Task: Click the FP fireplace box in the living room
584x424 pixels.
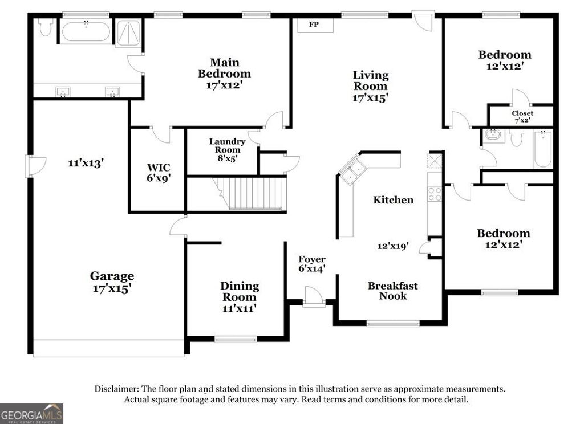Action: (x=313, y=25)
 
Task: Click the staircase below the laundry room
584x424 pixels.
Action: (x=251, y=194)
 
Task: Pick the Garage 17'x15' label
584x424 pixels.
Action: (x=112, y=282)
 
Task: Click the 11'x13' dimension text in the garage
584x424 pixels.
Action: (x=86, y=162)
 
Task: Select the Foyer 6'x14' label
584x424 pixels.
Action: (x=312, y=264)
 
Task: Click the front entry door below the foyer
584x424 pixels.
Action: (x=314, y=297)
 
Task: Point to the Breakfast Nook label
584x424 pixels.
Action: (x=392, y=291)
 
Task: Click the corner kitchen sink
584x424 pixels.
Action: (x=352, y=170)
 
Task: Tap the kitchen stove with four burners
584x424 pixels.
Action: (x=435, y=194)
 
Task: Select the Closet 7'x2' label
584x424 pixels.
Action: (x=522, y=117)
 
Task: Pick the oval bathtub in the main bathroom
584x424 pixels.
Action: (x=86, y=31)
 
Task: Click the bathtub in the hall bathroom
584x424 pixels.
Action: (x=542, y=149)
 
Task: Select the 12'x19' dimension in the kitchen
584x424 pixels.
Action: (x=392, y=246)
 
